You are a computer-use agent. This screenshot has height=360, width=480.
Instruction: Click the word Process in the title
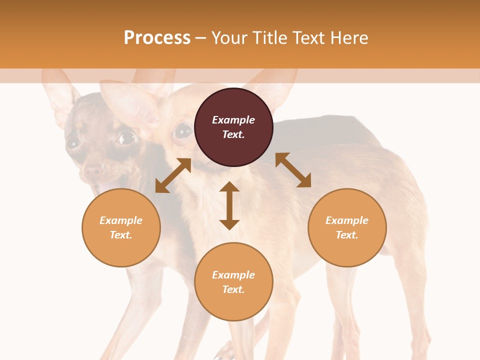coord(157,38)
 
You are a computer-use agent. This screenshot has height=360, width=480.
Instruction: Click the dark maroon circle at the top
coord(233,127)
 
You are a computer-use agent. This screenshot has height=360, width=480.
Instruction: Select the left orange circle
coord(121,227)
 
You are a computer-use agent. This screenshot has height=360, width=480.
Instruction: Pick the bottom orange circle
coord(233,282)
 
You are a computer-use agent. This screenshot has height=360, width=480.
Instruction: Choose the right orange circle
coord(347,227)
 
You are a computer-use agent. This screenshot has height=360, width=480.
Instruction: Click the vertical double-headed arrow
coord(229,205)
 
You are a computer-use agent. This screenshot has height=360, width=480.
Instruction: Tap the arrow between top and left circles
coord(173,175)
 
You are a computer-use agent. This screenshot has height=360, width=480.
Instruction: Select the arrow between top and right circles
coord(293,170)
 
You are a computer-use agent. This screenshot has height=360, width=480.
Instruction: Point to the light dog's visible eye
coord(182,131)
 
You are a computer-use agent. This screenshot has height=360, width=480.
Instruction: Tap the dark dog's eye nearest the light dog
coord(126,137)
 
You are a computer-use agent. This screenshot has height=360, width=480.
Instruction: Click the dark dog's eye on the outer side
coord(73,142)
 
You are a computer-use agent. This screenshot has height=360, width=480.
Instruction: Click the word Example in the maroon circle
coord(233,120)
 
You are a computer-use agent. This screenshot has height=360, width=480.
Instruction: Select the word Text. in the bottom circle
coord(233,289)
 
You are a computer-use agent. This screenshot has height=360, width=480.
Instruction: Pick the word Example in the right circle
coord(347,220)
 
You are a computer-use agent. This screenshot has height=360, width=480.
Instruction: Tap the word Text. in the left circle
coord(121,235)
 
